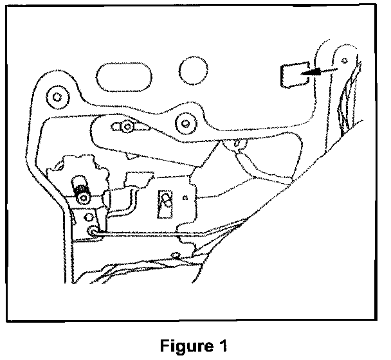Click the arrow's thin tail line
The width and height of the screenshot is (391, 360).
329,67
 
